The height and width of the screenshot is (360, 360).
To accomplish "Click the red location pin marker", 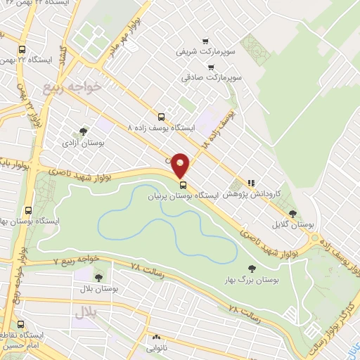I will tap(181, 165).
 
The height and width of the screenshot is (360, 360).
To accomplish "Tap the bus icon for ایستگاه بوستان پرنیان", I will tap(184, 185).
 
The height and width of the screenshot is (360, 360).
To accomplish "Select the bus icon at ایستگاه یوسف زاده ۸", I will tap(161, 117).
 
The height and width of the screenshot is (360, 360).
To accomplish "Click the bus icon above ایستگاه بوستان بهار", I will tap(29, 210).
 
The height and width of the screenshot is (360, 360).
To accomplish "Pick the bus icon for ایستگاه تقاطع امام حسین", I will tap(21, 325).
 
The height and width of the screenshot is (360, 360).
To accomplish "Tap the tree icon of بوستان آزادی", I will tap(83, 131).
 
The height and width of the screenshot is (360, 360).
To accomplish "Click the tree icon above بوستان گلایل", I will tap(292, 214).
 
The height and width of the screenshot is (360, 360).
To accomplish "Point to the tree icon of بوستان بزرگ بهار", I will tap(251, 268).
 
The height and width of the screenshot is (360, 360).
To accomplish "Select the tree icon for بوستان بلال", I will tap(98, 277).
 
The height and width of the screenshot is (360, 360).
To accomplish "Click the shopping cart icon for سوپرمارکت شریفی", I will tap(205, 40).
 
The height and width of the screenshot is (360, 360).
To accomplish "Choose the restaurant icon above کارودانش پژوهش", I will tap(251, 182).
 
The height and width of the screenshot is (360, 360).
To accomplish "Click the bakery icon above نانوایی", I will tap(155, 337).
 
